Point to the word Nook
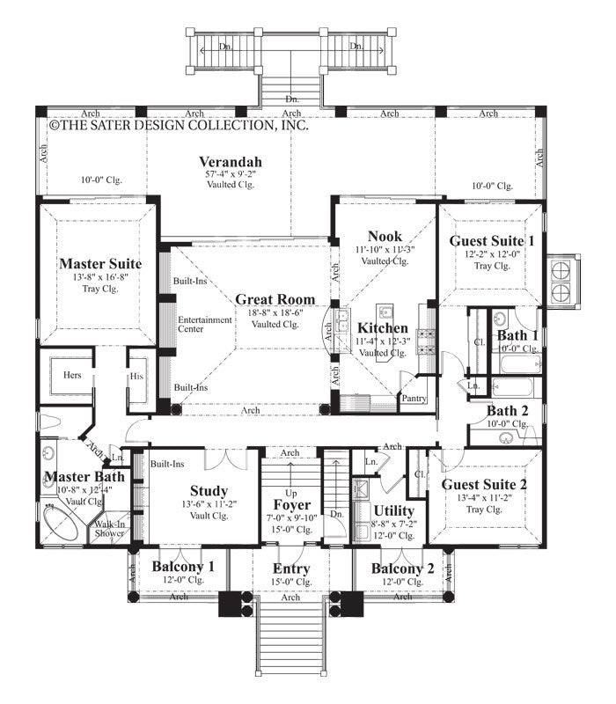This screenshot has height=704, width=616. [385, 236]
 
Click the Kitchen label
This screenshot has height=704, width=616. [381, 328]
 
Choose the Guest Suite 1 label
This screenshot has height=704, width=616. [491, 240]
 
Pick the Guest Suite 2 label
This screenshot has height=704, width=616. [485, 484]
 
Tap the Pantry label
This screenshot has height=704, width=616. [413, 398]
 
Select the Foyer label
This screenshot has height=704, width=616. [291, 506]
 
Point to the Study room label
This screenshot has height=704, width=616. [209, 490]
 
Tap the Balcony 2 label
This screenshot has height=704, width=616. [402, 568]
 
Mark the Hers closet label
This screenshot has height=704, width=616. [71, 374]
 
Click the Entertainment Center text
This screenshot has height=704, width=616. [205, 324]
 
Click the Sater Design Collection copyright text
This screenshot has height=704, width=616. [179, 126]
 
